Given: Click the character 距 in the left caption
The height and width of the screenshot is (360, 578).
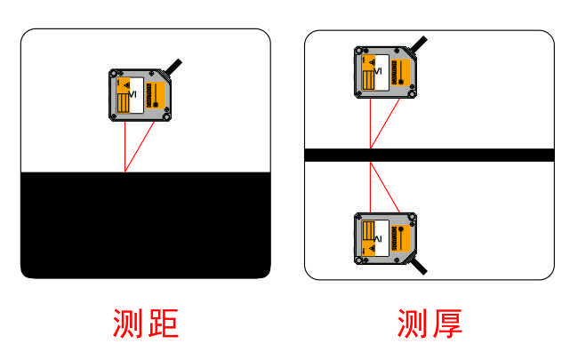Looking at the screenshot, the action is (163, 324).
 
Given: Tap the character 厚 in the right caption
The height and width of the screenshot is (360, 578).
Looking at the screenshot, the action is (446, 324).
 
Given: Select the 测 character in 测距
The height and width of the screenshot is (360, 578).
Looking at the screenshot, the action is (127, 324).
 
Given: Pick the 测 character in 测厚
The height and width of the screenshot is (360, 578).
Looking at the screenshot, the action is (412, 324).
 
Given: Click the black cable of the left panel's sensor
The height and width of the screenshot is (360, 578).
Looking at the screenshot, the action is (174, 67).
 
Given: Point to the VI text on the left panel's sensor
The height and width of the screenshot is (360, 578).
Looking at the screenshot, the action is (132, 94).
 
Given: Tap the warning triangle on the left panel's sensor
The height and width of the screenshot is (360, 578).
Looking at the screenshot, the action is (126, 85).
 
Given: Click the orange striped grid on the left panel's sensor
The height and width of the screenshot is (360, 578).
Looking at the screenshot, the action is (123, 103).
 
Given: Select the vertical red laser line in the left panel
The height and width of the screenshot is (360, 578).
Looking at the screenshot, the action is (125, 147).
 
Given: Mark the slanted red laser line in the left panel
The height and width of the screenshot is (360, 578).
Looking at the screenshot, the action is (140, 147).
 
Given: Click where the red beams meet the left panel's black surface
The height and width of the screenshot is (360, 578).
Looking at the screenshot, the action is (125, 172).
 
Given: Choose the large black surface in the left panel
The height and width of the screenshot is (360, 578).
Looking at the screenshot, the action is (146, 225).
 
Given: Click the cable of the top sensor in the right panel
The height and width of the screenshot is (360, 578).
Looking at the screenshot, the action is (419, 44).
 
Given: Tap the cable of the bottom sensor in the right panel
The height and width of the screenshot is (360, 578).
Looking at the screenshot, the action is (419, 266).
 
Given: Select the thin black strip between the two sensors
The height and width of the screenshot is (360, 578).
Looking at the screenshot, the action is (429, 156).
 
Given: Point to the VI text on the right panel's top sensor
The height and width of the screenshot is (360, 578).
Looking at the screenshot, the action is (378, 71).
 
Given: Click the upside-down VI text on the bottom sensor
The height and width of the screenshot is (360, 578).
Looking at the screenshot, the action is (378, 239).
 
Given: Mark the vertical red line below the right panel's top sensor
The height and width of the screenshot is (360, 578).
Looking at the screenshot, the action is (370, 124).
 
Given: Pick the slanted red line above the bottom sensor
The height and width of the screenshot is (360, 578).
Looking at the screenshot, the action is (385, 188).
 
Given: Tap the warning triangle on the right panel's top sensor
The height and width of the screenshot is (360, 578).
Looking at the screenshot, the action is (372, 62).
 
